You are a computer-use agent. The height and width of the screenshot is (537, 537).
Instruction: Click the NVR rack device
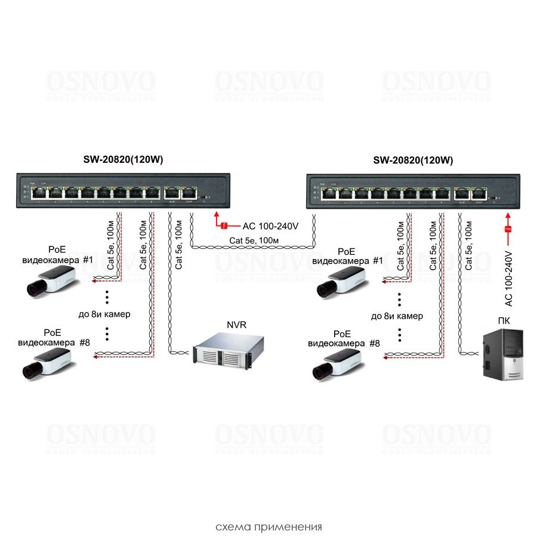pos(220,350)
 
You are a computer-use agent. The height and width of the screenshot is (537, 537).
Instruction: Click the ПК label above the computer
pos(504,320)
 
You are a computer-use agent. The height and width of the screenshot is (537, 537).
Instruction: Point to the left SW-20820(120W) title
pos(123,160)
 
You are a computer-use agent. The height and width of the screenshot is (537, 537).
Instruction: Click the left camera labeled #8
pos(47,363)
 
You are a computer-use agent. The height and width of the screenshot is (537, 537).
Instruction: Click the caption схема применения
pos(268,527)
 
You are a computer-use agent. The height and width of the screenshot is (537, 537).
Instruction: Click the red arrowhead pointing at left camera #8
pos(95,357)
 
